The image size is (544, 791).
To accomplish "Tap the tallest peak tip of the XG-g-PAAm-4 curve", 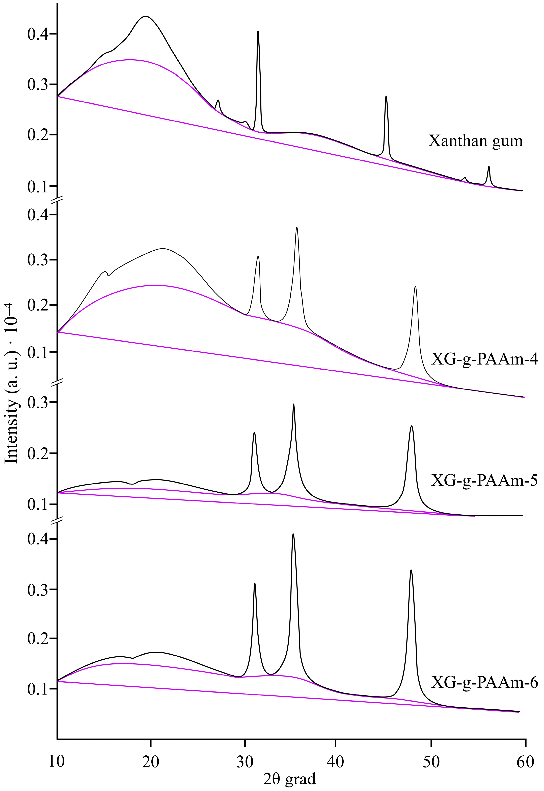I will coord(297,227).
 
